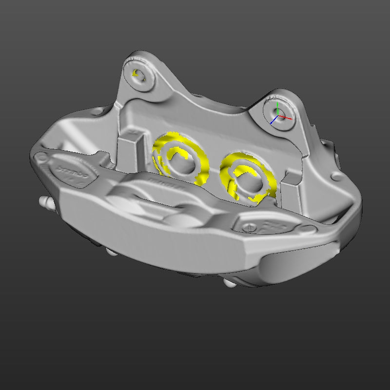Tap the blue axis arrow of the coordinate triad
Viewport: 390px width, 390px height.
[x=272, y=122]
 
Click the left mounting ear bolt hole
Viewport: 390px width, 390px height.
[x=140, y=75]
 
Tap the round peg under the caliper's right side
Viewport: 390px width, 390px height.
[x=229, y=283]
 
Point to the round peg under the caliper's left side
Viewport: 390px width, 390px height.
[x=111, y=252]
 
